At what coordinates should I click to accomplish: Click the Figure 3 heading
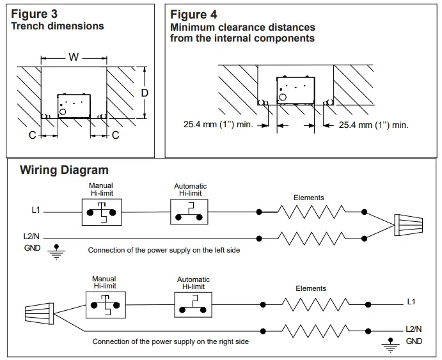point(34,14)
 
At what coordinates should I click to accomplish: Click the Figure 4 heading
point(194,14)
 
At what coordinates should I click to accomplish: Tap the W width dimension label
point(74,57)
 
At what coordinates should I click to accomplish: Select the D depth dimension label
point(145,93)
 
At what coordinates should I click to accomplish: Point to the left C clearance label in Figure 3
point(33,135)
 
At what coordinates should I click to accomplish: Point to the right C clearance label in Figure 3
point(116,135)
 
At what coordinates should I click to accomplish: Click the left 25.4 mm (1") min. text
point(219,124)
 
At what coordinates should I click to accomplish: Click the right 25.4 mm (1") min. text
point(374,125)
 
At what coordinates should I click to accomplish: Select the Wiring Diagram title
point(64,170)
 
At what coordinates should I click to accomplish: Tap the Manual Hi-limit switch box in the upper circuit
point(102,212)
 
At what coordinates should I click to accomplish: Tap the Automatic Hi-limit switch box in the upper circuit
point(189,212)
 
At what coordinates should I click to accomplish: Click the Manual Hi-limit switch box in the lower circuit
point(106,305)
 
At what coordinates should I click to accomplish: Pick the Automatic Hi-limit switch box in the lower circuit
point(193,305)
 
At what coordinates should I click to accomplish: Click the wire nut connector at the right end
point(409,225)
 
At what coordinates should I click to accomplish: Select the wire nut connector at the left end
point(40,313)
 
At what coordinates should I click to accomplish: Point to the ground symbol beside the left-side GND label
point(56,252)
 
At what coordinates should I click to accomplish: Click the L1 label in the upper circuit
point(36,210)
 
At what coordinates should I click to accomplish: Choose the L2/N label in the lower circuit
point(413,329)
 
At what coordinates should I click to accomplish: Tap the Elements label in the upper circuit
point(309,198)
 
